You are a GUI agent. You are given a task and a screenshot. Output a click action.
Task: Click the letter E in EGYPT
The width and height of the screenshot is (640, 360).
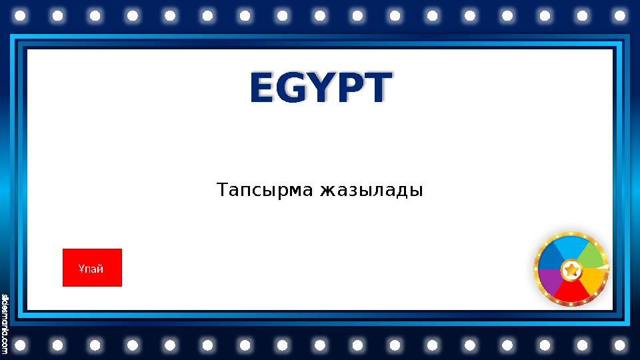point(262,89)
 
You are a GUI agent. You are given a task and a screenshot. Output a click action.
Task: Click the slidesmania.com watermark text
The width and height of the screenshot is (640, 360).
point(5,323)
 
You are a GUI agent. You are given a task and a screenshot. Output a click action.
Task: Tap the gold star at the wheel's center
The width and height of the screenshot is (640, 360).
point(571,271)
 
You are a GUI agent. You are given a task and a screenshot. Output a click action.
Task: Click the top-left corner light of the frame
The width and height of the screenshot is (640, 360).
point(19,15)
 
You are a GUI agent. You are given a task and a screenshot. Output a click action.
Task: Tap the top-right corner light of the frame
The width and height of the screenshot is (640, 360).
point(620,15)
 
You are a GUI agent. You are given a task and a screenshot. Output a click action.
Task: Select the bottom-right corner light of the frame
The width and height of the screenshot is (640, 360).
point(620,345)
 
